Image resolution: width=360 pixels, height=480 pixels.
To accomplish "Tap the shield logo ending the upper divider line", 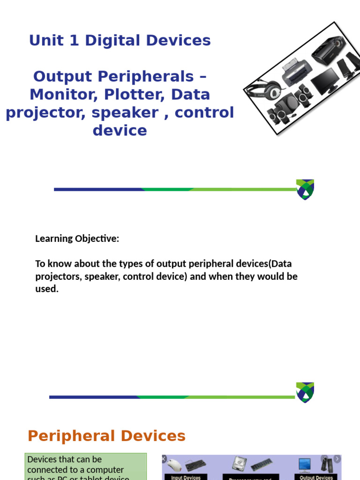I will (x=305, y=189).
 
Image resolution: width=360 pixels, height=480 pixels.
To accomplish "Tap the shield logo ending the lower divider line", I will (x=305, y=392).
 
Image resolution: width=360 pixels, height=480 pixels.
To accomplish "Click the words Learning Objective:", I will (x=77, y=239).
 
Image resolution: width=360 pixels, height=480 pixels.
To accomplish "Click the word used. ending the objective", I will (x=47, y=289).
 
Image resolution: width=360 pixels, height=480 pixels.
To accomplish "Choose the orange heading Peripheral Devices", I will (x=106, y=436).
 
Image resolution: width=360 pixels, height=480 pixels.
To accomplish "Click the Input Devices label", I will (x=186, y=477).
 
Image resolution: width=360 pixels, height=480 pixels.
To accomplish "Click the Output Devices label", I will (x=316, y=477).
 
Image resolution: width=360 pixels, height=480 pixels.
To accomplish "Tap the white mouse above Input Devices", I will (x=175, y=465).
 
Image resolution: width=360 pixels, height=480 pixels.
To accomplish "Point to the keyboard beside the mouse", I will (x=195, y=465).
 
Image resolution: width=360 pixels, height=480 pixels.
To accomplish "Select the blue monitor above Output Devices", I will (x=305, y=465).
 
